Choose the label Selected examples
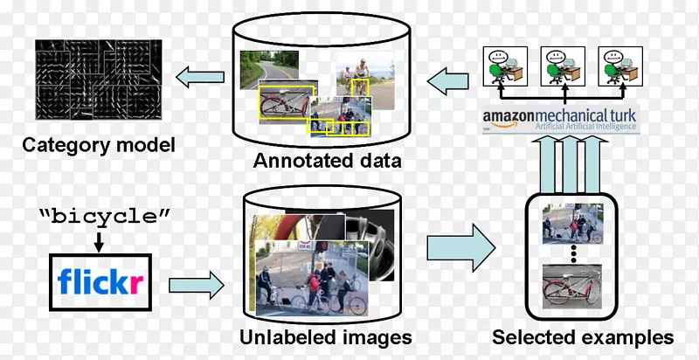[x=583, y=337]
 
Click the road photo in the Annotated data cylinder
[x=270, y=68]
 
